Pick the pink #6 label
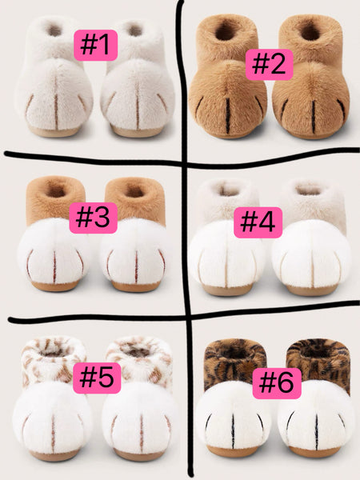277,384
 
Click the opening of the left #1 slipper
54,30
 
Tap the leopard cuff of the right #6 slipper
318,356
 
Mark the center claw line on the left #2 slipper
228,114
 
